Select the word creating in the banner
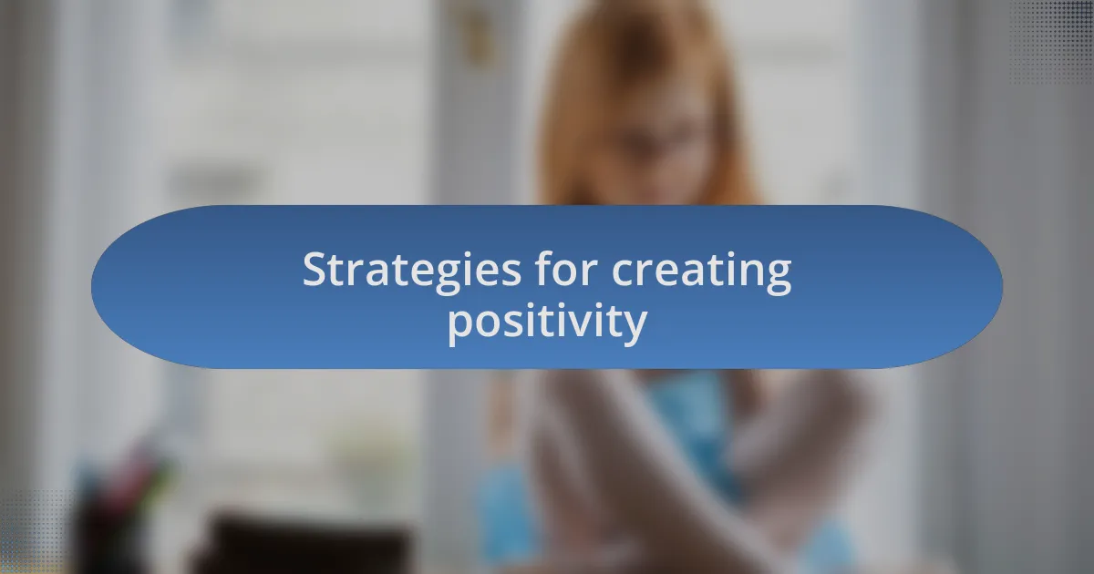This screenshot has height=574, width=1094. click(x=701, y=272)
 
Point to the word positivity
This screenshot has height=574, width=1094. click(x=547, y=322)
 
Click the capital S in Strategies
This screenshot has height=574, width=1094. click(x=315, y=270)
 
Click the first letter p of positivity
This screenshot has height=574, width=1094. click(x=459, y=325)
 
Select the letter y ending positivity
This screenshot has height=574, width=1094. click(x=636, y=326)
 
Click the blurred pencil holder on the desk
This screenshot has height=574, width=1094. click(x=119, y=510)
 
